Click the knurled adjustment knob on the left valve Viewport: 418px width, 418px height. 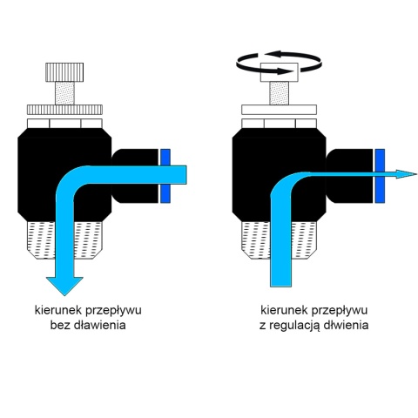(64, 72)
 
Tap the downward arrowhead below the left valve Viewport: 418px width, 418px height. (64, 286)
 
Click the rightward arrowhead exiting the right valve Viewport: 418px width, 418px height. (407, 174)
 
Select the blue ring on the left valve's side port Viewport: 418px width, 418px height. (165, 176)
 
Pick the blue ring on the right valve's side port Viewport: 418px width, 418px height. (380, 176)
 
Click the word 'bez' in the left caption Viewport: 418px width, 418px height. (60, 325)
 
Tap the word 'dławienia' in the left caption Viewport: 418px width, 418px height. (100, 325)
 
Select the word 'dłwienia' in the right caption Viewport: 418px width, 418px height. (346, 325)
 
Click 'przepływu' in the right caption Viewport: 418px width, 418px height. (340, 310)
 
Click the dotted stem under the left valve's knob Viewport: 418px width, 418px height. (64, 93)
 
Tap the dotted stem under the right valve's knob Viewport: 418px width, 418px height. (279, 93)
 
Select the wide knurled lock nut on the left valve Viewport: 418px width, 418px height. (64, 110)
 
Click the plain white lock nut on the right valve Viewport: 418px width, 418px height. (280, 110)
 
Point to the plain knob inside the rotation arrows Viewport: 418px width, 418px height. (280, 72)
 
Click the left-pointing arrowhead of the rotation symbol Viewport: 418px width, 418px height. (273, 54)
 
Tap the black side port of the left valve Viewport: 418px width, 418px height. (135, 176)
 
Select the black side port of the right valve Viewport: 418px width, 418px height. (350, 176)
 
